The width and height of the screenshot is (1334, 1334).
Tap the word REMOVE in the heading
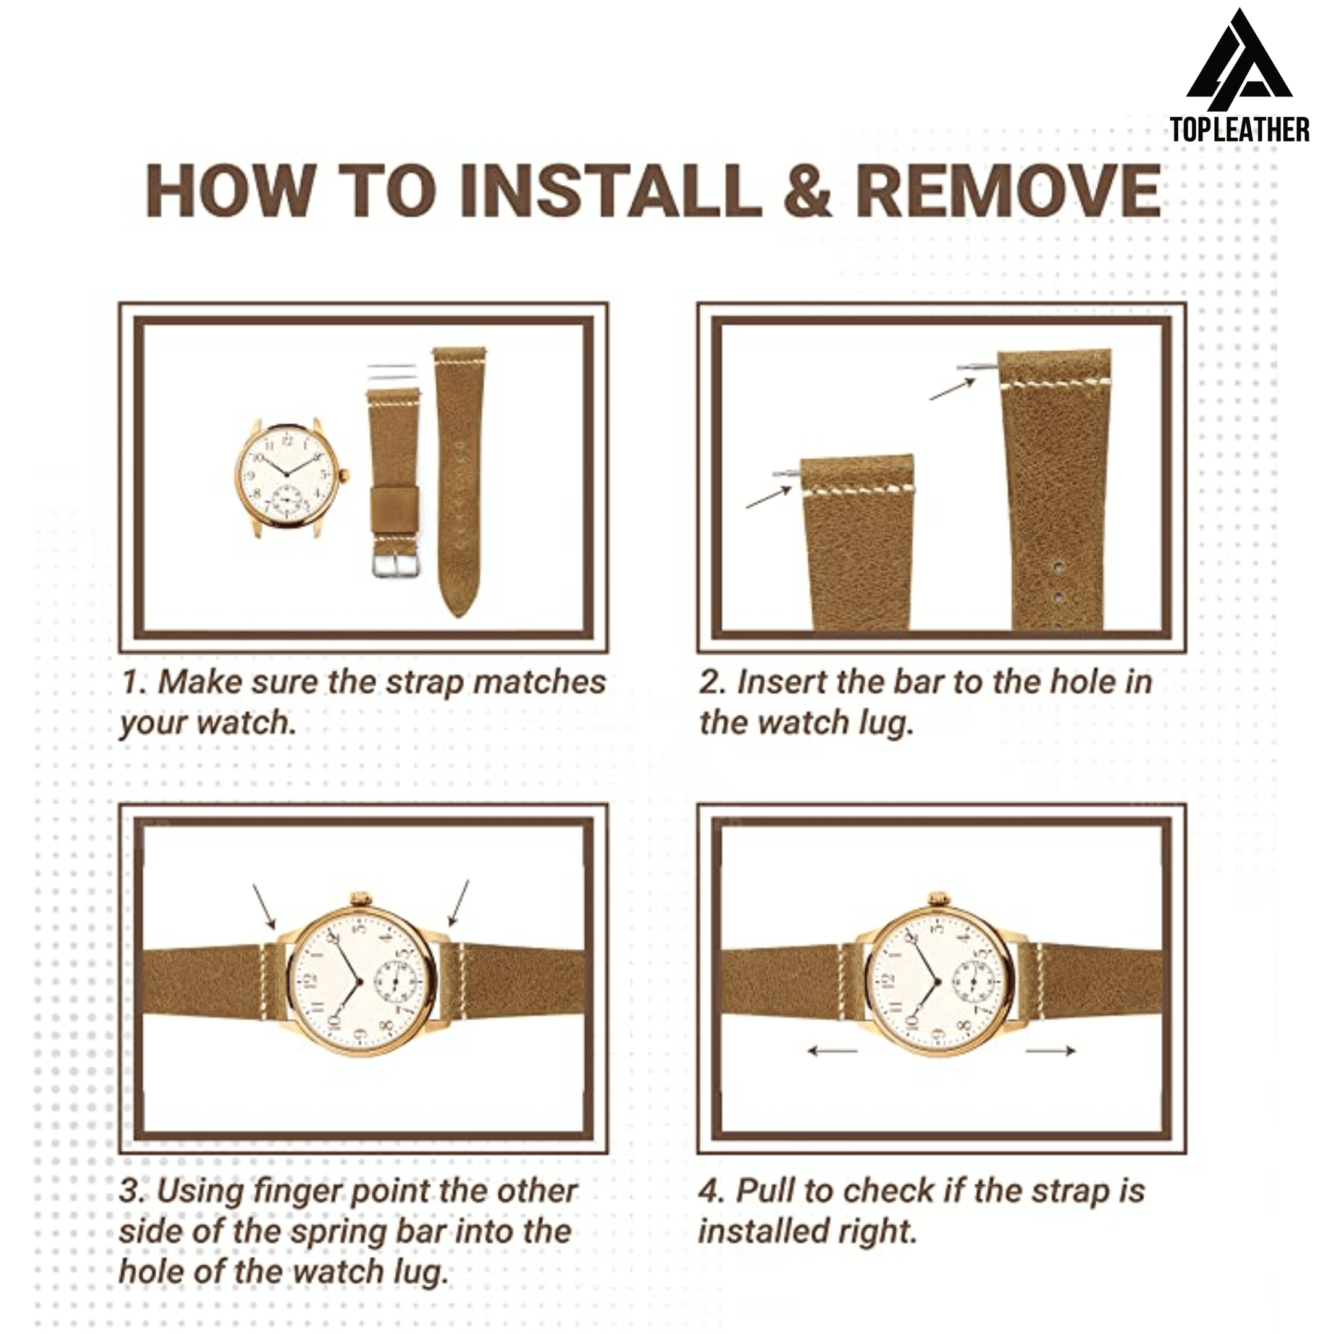point(1009,191)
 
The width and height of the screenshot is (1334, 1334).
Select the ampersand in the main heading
point(808,191)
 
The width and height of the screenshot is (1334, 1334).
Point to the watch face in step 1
point(288,475)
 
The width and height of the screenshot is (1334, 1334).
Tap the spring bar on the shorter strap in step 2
point(786,473)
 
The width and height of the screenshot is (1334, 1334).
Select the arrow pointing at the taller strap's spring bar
point(952,390)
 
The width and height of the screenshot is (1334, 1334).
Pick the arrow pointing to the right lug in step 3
point(458,902)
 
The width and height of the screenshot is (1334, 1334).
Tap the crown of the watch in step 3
point(361,900)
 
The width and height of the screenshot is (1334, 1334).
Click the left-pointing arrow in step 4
point(833,1051)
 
